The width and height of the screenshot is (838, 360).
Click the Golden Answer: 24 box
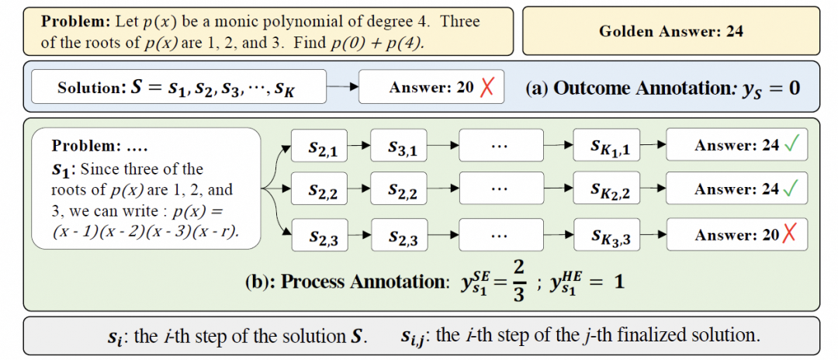[x=670, y=31]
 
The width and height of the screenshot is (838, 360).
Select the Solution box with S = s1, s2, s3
[x=178, y=86]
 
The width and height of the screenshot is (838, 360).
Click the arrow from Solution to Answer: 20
[x=342, y=87]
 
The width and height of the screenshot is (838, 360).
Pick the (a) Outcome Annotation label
[x=663, y=88]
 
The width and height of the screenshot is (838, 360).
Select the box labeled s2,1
[x=319, y=146]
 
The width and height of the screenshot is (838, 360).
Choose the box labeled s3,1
[x=398, y=146]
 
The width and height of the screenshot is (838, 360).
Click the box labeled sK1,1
[x=606, y=146]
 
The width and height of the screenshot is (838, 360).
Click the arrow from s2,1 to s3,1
[x=358, y=145]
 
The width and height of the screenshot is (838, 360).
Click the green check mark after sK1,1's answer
[x=791, y=145]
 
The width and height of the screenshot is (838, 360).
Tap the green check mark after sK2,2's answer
[x=791, y=188]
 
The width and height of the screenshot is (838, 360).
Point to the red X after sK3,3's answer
[x=788, y=234]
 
